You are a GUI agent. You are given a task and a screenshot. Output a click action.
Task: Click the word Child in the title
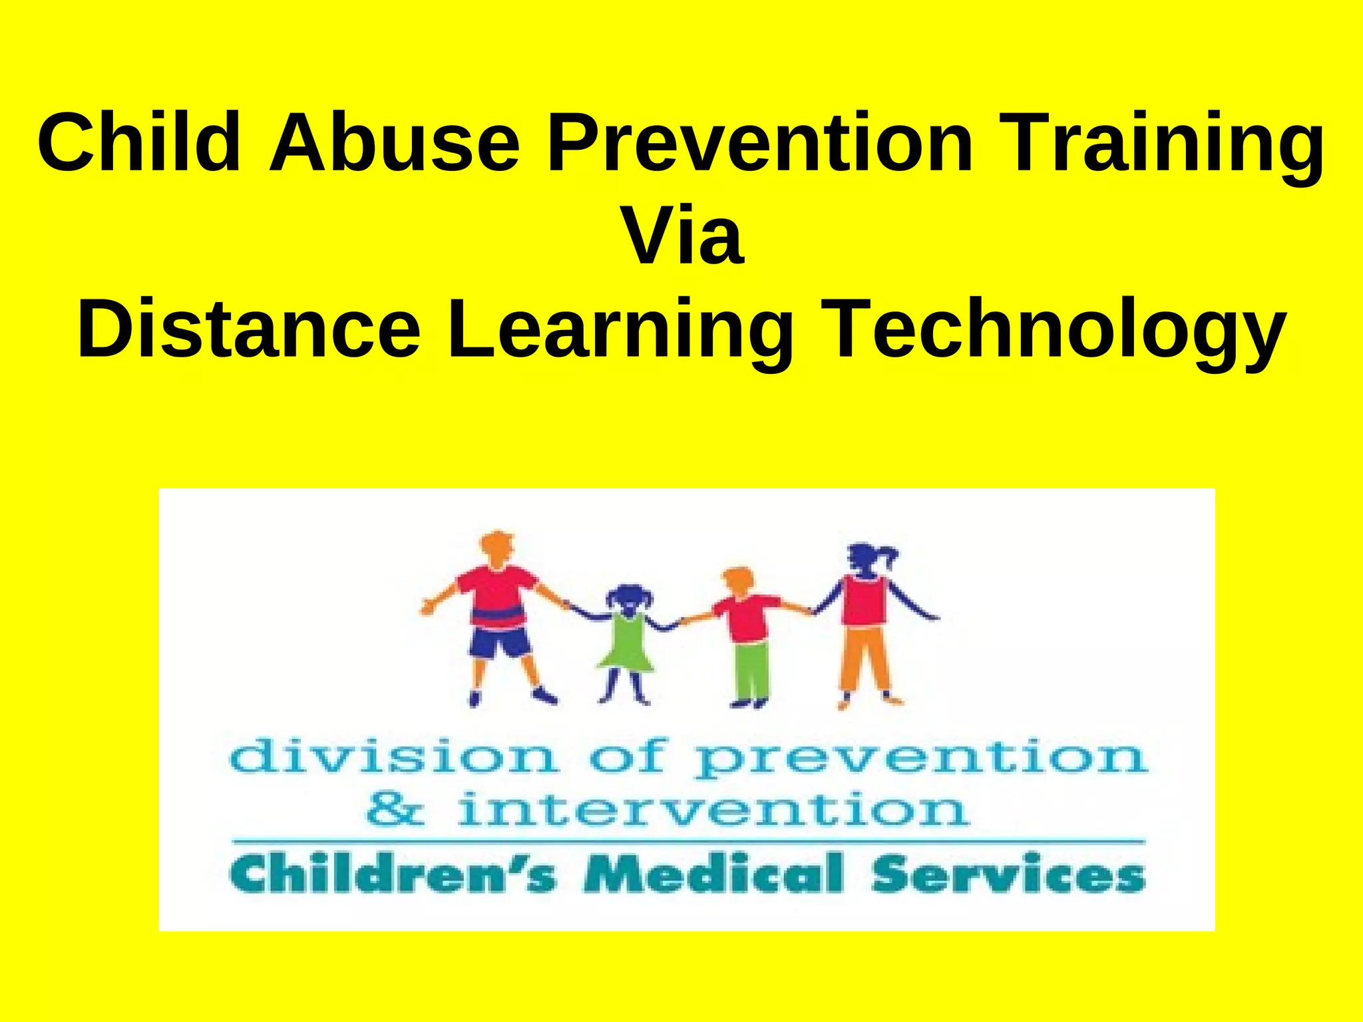coord(138,143)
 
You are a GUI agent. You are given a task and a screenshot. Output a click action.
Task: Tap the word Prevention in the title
coord(759,143)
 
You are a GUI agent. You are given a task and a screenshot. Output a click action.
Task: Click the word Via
coord(681,236)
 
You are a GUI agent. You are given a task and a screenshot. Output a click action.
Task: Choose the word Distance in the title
coord(249,329)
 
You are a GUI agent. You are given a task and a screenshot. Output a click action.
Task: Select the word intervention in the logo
coord(712,810)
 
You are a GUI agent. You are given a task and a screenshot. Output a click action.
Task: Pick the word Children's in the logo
coord(393,874)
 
